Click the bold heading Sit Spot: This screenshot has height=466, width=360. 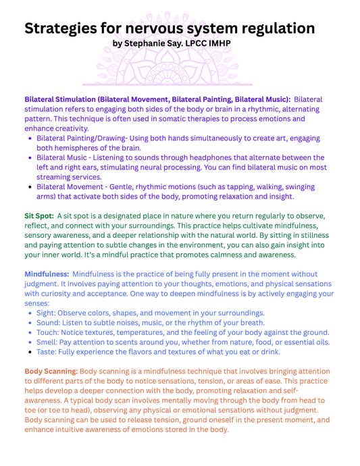pos(39,216)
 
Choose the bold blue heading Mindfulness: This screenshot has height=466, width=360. pos(47,274)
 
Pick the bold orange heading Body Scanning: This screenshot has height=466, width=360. pos(51,371)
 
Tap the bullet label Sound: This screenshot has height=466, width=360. pos(49,323)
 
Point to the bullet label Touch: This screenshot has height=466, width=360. pos(49,332)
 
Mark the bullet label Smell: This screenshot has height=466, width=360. pos(49,342)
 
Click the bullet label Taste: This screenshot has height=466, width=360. pos(48,352)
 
